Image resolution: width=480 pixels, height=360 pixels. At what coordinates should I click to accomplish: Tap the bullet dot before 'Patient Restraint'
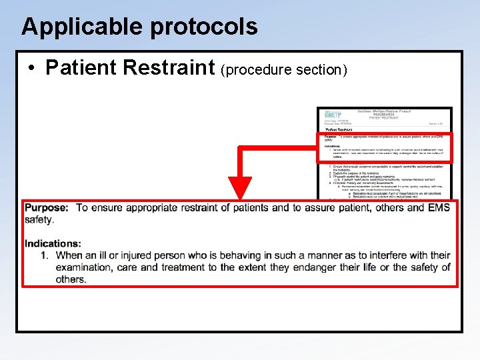click(x=31, y=68)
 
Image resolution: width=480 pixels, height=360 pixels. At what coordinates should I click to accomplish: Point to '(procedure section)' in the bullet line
click(x=284, y=69)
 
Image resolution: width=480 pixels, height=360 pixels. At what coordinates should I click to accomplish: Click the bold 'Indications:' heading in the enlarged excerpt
click(x=53, y=243)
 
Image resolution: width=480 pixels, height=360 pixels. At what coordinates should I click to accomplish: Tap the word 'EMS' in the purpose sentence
click(x=439, y=207)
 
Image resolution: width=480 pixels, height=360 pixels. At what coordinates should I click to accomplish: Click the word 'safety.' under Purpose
click(x=39, y=219)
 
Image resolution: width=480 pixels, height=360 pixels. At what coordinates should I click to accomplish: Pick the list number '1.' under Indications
click(x=45, y=255)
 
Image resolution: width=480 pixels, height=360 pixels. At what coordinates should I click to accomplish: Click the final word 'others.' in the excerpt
click(x=71, y=279)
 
